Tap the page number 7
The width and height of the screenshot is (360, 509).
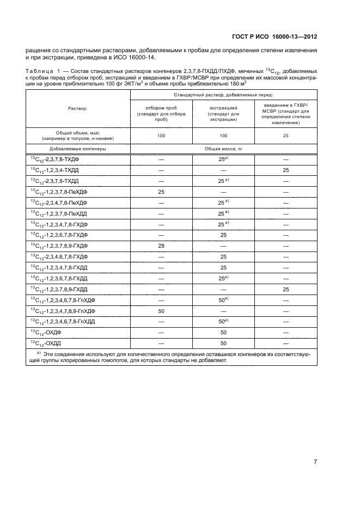click(x=315, y=462)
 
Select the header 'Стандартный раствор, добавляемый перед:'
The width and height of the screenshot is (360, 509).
click(x=224, y=95)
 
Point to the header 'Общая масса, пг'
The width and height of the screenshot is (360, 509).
click(x=223, y=148)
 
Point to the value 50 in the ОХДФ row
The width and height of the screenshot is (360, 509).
click(x=223, y=332)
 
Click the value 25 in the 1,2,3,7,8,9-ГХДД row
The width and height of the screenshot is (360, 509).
click(x=285, y=289)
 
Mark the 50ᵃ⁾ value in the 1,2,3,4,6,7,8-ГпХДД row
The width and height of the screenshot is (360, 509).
click(x=223, y=322)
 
